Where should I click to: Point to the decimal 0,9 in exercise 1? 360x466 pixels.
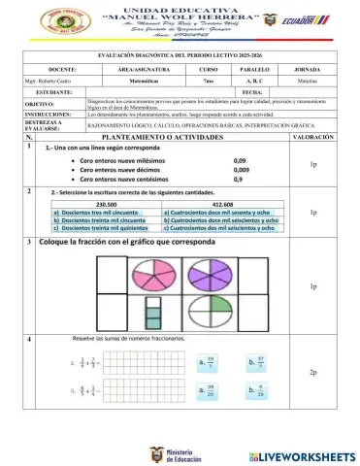239,179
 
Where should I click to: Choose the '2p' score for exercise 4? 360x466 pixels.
312,373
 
